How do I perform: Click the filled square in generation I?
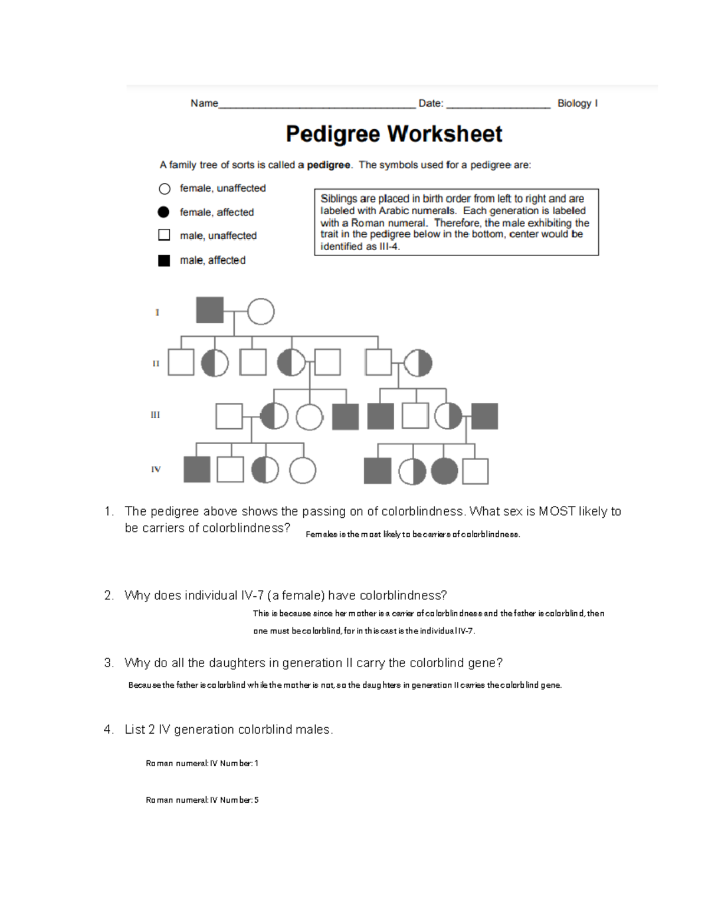[209, 310]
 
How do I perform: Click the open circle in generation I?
[261, 311]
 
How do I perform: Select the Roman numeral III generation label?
[155, 415]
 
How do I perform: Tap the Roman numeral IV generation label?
[156, 470]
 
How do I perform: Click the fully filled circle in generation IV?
[444, 471]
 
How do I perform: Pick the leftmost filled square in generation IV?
[197, 470]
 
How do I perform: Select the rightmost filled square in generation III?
[484, 416]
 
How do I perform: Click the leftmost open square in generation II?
[181, 362]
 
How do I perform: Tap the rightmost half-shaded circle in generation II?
[418, 363]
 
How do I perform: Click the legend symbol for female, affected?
[164, 212]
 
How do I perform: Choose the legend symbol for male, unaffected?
[164, 235]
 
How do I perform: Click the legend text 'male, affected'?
[212, 260]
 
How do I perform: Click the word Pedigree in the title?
[333, 134]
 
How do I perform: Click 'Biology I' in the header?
[577, 103]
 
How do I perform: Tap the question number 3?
[109, 663]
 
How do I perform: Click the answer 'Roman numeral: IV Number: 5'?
[202, 800]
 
